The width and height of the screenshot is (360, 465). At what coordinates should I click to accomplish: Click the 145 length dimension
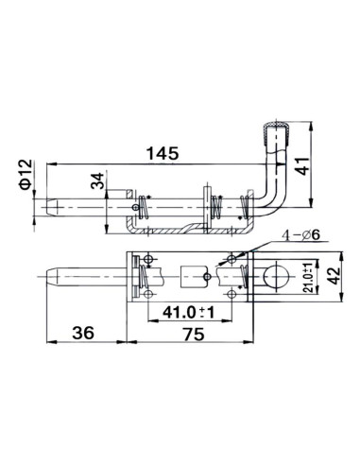[x=163, y=153]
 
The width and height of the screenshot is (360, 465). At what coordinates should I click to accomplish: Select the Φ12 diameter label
[x=26, y=174]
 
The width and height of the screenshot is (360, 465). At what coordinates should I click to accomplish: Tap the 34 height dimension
[x=97, y=181]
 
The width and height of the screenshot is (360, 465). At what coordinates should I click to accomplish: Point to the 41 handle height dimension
[x=301, y=165]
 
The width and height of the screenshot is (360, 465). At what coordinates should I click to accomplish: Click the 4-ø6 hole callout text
[x=300, y=234]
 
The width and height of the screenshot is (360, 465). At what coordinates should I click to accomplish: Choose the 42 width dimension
[x=334, y=276]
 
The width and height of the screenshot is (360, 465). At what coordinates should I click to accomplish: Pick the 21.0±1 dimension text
[x=308, y=277]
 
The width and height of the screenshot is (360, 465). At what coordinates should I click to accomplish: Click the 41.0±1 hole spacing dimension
[x=189, y=312]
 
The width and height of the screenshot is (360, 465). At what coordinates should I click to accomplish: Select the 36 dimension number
[x=83, y=333]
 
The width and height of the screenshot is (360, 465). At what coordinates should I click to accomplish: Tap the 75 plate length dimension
[x=194, y=334]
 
